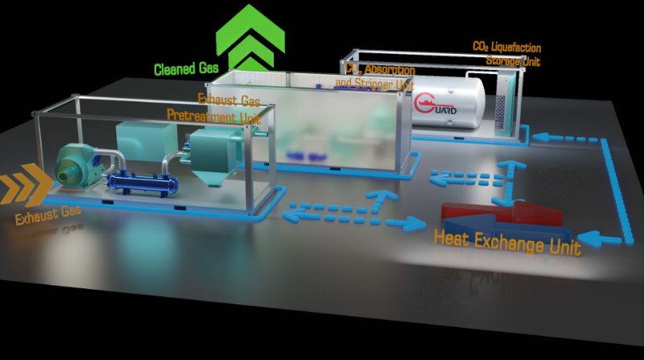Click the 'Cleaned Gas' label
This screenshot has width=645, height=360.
tap(188, 68)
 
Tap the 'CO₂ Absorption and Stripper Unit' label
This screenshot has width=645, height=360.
tap(374, 77)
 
